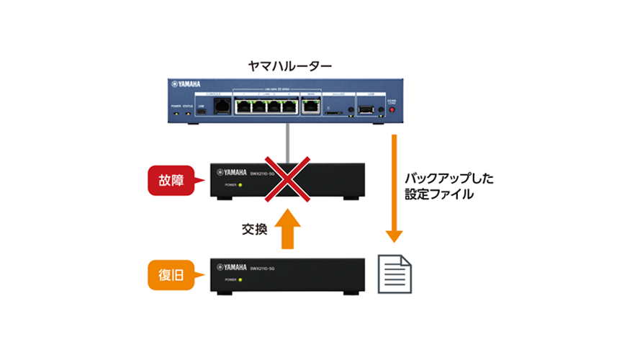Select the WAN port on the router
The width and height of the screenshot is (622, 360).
(x=311, y=107)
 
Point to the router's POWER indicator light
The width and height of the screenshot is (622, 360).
(x=176, y=113)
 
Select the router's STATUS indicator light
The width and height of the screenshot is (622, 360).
(x=189, y=113)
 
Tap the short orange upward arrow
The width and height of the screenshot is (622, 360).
(x=286, y=228)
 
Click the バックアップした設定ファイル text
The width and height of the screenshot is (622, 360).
(x=438, y=185)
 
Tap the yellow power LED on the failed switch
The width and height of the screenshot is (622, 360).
(x=242, y=185)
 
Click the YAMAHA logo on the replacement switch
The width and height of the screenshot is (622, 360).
(x=233, y=267)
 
